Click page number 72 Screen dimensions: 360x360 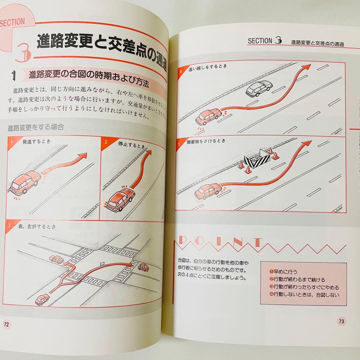7,324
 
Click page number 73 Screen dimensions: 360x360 341,321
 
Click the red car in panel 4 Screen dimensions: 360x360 208,116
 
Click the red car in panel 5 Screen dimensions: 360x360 208,191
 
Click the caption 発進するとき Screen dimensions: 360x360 37,141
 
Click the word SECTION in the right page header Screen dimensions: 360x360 260,41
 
